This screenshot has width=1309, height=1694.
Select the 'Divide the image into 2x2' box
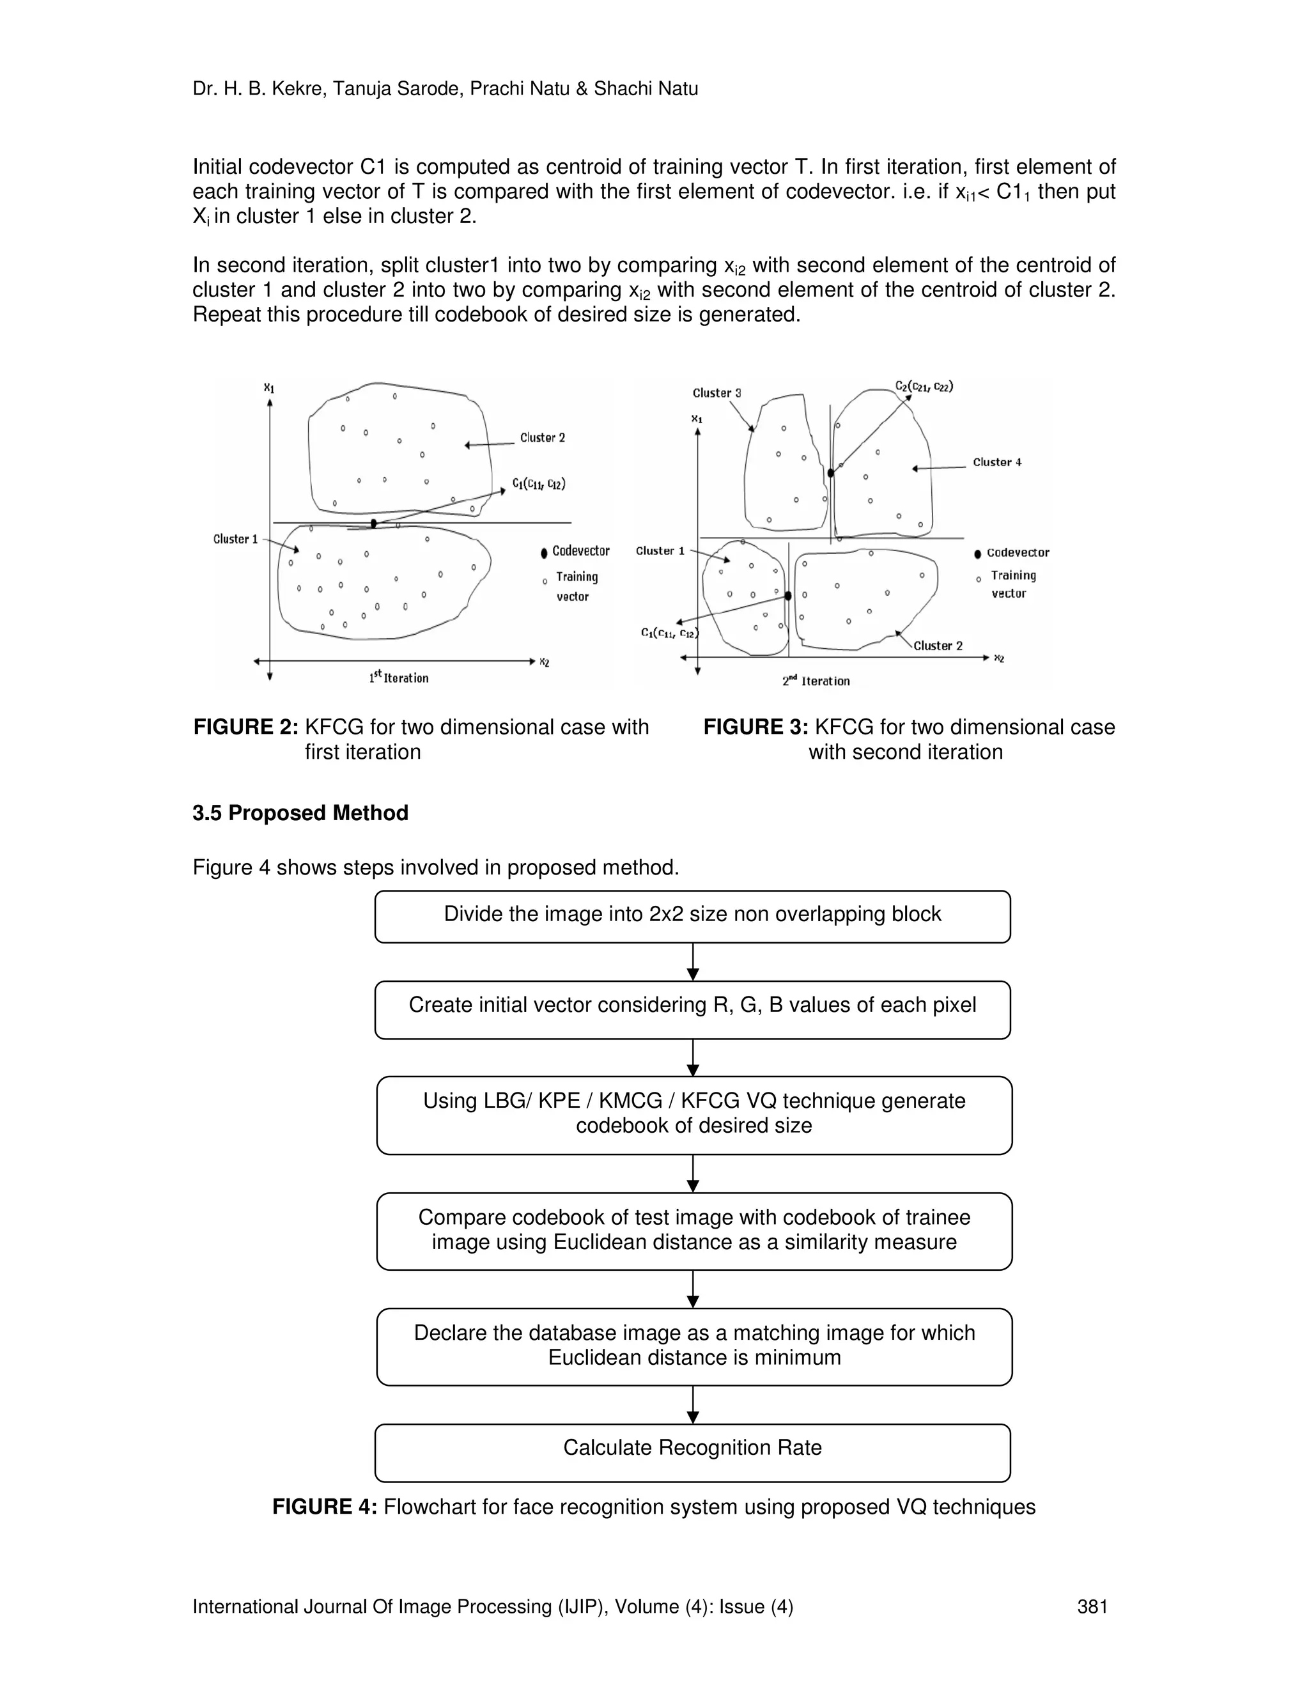coord(692,916)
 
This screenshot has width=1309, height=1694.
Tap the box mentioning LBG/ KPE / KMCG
coord(693,1115)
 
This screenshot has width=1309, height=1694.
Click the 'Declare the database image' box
coord(693,1346)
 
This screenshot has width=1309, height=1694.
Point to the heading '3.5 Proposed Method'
coord(300,813)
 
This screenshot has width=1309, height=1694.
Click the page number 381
coord(1092,1606)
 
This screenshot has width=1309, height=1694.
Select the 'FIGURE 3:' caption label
coord(755,727)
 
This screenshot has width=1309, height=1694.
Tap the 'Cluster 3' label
coord(716,393)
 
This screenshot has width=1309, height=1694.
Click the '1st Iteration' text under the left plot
coord(399,678)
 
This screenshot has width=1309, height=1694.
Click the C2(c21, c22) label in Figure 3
coord(924,386)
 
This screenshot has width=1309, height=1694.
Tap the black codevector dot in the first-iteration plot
coord(373,524)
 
